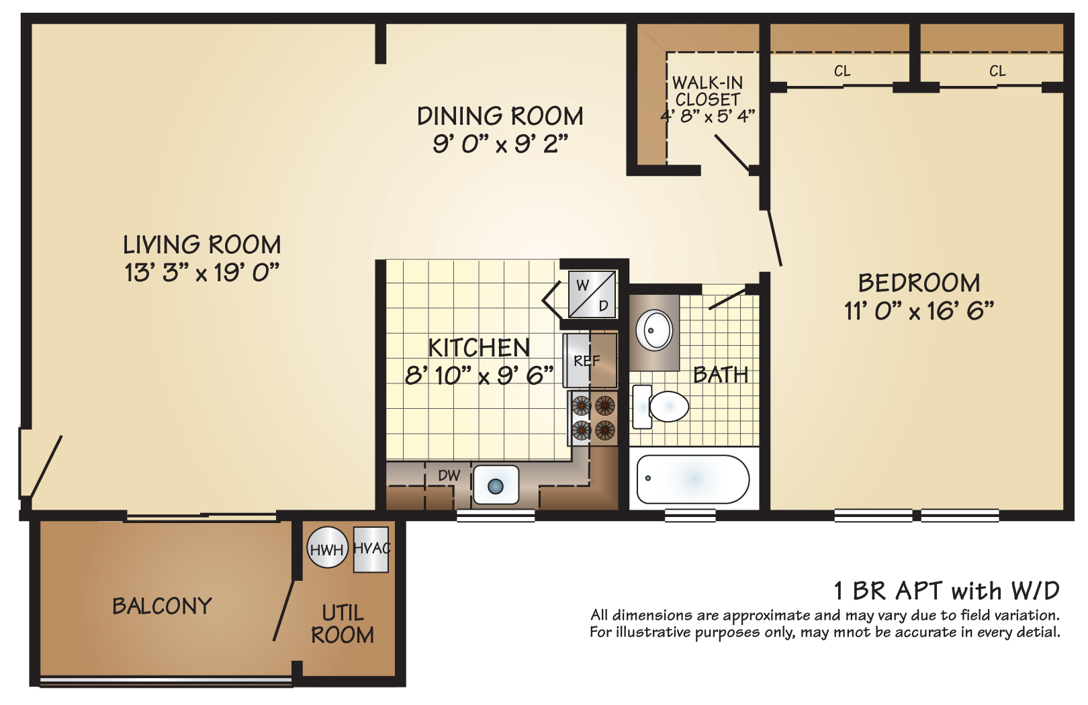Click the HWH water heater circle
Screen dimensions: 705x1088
327,549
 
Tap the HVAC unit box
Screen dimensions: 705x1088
371,549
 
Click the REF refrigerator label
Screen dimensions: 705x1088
586,361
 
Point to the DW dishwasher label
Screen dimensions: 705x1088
449,476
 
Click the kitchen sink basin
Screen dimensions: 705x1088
496,485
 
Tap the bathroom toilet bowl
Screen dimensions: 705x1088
668,406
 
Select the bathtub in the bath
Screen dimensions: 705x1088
692,479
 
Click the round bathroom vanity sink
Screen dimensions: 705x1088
654,330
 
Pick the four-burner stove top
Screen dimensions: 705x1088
593,418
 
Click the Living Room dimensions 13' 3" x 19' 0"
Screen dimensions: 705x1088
201,273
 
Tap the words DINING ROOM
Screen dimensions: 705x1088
500,116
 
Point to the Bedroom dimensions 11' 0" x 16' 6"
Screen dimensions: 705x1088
919,311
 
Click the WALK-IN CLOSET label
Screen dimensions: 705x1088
708,91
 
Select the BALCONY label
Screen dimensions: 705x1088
162,606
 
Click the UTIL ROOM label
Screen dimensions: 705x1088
343,624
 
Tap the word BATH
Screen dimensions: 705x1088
721,375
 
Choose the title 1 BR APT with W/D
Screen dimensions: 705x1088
946,591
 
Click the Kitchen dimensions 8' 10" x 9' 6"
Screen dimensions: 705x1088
479,375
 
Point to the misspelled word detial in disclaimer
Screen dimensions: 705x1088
1040,632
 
